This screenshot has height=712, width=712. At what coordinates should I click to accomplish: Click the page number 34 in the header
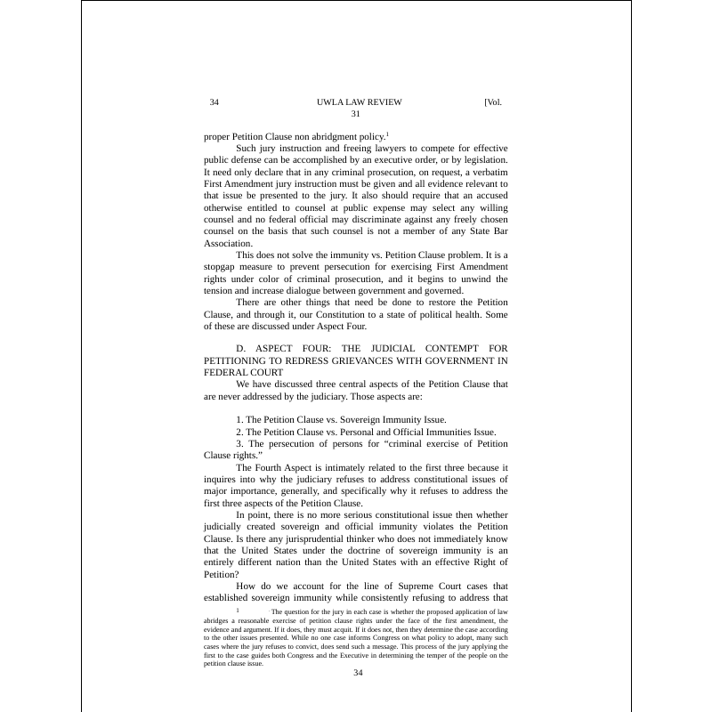(214, 102)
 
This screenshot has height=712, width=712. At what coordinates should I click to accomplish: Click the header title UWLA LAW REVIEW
(359, 102)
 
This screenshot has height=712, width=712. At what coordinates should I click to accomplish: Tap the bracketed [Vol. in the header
(493, 102)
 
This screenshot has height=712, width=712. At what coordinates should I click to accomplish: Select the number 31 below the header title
(355, 114)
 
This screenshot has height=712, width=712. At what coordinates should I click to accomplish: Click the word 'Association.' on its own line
(229, 243)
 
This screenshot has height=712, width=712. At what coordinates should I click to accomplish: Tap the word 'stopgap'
(221, 266)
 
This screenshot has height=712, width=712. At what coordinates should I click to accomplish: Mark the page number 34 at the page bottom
(358, 673)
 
